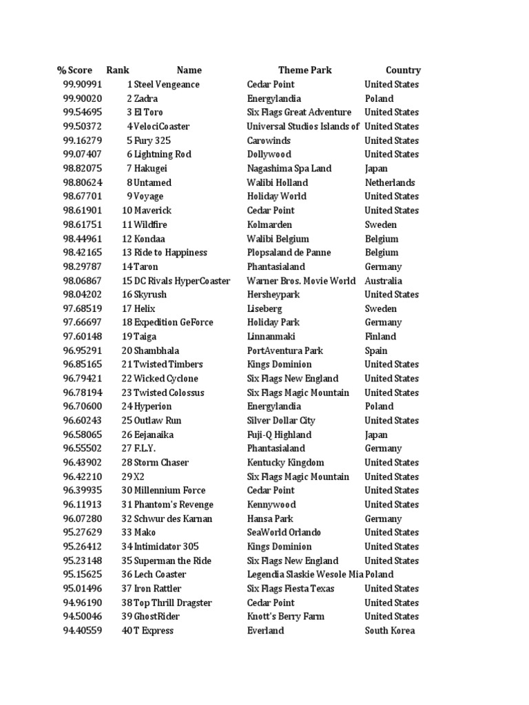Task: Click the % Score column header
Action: tap(75, 70)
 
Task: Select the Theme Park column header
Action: tap(304, 70)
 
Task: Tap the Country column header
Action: tap(403, 70)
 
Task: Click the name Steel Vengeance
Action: tap(167, 85)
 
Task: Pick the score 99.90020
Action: tap(82, 98)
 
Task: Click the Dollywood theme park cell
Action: tap(269, 154)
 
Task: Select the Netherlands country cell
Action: tap(389, 182)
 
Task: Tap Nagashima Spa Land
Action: tap(289, 169)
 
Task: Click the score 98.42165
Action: tap(82, 253)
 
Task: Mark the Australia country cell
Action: tap(383, 281)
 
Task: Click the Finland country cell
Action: tap(380, 337)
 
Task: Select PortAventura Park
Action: tap(284, 350)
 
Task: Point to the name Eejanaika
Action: tap(154, 434)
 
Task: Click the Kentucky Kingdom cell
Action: tap(285, 463)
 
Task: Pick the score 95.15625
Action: tap(82, 574)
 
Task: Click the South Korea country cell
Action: tap(389, 631)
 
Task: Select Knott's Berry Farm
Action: tap(285, 616)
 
